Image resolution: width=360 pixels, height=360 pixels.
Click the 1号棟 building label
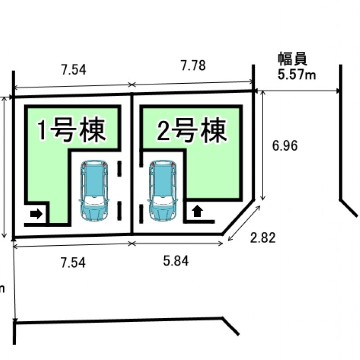72,130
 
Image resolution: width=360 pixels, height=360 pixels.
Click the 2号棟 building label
191,131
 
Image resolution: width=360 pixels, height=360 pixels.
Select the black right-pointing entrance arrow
36,214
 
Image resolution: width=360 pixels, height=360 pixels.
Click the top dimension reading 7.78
193,66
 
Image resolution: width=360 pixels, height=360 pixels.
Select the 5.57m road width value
297,75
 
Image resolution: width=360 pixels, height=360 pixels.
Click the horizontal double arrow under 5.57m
297,90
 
